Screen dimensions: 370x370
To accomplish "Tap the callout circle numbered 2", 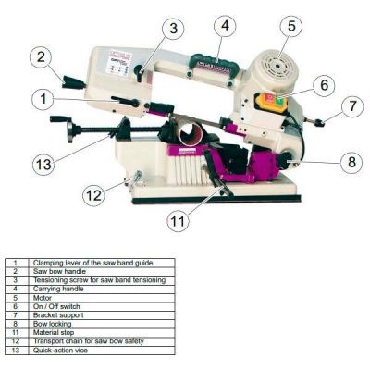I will pyautogui.click(x=40, y=56).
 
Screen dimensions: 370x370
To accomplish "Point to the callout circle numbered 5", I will pyautogui.click(x=291, y=26).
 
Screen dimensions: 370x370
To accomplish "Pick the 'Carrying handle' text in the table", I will pyautogui.click(x=55, y=288).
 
